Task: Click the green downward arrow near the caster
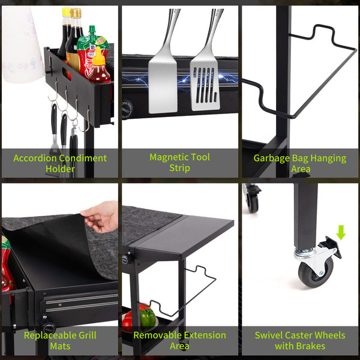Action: [x=341, y=232]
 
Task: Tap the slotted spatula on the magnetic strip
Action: [x=205, y=69]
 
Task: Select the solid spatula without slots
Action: [x=163, y=69]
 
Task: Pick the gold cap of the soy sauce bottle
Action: [x=76, y=13]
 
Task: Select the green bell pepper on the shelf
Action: [x=148, y=317]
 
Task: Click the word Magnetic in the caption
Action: [x=169, y=157]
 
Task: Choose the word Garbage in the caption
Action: [x=271, y=158]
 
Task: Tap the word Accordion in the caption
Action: [x=35, y=158]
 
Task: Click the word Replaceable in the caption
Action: [x=50, y=335]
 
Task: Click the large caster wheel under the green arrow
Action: [x=316, y=273]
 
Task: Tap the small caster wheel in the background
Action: [x=253, y=203]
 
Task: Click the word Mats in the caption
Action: [x=60, y=346]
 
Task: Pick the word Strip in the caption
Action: [x=180, y=168]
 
